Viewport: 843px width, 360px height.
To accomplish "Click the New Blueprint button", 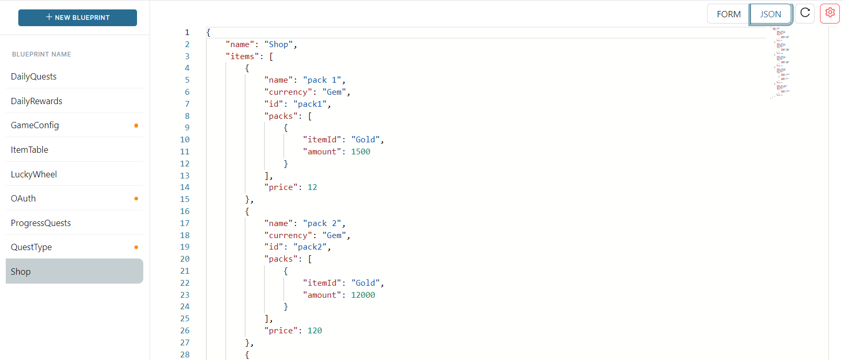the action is coord(77,18).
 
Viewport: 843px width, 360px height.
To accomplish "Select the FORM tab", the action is coord(728,14).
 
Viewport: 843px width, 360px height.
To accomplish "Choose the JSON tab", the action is coord(770,14).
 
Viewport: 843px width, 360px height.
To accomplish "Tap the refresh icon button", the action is coord(805,13).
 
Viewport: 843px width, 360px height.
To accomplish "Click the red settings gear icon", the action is coord(830,13).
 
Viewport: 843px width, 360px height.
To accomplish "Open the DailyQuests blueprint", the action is coord(33,76).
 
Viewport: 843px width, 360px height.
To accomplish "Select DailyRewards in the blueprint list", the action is coord(37,101).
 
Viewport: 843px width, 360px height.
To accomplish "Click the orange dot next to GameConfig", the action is coord(136,126).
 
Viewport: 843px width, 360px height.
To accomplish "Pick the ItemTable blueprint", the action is coord(29,150).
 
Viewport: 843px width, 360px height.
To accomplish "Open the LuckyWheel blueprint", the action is coord(34,174).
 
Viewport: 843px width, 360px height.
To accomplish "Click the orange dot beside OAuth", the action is coord(136,198).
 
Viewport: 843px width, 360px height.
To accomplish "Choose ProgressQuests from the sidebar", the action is coord(41,223).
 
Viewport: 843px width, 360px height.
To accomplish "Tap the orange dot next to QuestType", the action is coord(136,248).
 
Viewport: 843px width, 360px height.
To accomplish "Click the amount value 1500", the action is coord(360,151).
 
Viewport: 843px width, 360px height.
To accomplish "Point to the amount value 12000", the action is coord(363,295).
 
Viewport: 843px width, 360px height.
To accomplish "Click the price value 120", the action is coord(315,331).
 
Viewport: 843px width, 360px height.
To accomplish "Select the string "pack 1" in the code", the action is coord(322,80).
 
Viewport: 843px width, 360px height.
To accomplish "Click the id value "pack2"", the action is coord(310,247).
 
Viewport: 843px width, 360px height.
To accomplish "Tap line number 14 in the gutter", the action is coord(185,187).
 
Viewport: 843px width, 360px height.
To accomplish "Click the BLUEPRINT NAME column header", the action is coord(41,54).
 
